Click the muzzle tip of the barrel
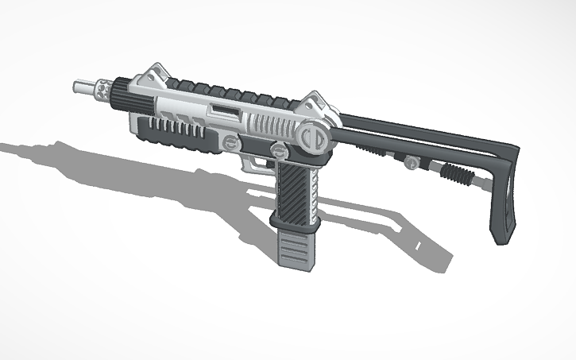click(79, 84)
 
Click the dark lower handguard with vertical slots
click(171, 132)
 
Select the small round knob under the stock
click(410, 162)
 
